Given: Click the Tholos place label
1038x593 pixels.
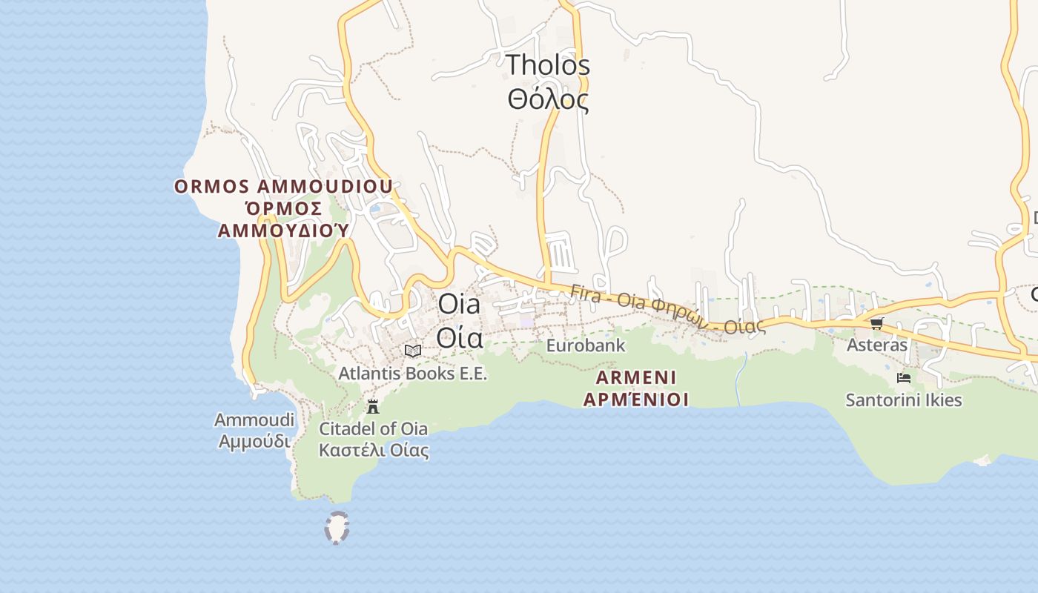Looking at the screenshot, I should click(x=548, y=65).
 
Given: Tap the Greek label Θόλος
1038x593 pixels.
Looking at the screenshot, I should click(x=548, y=99).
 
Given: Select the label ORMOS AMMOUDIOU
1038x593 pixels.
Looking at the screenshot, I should click(x=283, y=187).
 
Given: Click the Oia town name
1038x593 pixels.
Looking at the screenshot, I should click(x=459, y=304).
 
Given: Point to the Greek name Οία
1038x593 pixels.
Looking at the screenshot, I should click(x=460, y=337).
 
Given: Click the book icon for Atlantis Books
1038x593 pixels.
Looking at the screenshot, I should click(x=413, y=351).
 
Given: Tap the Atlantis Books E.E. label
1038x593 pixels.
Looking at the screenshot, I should click(x=413, y=373).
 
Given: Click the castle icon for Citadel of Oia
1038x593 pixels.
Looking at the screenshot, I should click(x=373, y=406).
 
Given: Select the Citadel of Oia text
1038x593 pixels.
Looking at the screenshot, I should click(x=373, y=428).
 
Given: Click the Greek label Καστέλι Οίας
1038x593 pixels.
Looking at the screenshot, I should click(x=374, y=450).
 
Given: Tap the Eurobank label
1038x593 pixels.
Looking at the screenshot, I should click(x=586, y=345).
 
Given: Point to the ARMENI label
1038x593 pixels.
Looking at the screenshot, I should click(x=635, y=378).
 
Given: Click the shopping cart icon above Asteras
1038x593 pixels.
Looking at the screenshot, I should click(x=877, y=323).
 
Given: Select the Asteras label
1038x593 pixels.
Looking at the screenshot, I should click(x=877, y=345).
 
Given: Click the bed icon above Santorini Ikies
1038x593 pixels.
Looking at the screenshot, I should click(x=904, y=378).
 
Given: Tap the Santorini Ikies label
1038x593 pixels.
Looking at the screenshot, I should click(x=904, y=400).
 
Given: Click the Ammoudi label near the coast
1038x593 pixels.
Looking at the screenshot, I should click(x=254, y=420).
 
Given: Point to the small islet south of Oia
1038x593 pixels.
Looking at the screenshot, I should click(x=337, y=528).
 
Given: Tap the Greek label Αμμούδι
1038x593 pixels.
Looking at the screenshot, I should click(x=254, y=441).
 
